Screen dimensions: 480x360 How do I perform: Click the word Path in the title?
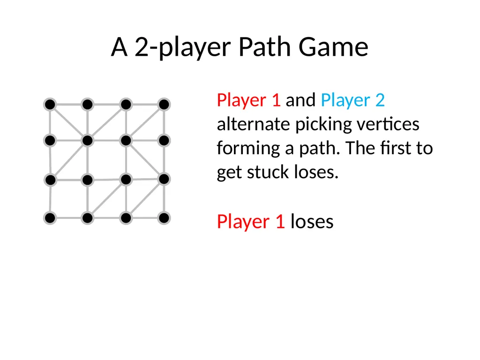point(264,47)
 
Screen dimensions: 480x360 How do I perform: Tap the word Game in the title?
point(333,47)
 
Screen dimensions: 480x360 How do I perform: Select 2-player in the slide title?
point(183,48)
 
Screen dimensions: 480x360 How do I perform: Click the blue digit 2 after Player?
point(380,100)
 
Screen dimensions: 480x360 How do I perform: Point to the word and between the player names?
point(300,100)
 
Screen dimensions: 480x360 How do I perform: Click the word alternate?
point(254,124)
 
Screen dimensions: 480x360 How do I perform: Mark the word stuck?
point(268,172)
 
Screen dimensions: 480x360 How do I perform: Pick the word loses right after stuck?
point(316,172)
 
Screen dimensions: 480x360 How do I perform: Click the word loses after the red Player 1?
point(312,221)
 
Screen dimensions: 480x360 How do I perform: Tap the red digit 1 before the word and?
point(276,100)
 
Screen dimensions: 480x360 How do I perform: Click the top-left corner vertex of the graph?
point(50,105)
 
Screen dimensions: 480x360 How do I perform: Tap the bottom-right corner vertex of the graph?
point(164,218)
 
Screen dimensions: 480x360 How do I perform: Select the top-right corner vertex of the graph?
point(164,105)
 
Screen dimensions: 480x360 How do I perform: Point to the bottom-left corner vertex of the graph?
point(50,218)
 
